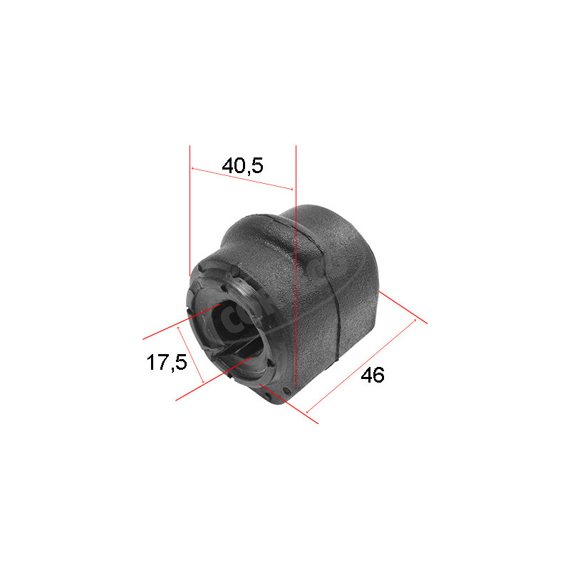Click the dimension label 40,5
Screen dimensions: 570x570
click(x=242, y=166)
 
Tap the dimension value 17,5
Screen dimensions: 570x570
click(x=166, y=362)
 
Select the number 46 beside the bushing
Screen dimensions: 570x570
click(x=372, y=375)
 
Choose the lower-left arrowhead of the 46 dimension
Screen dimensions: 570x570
click(x=308, y=411)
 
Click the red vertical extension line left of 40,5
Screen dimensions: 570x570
click(x=190, y=214)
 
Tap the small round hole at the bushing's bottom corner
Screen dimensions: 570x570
click(x=286, y=391)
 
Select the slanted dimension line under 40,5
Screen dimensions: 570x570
click(x=242, y=179)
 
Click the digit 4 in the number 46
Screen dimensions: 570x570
click(x=365, y=375)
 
